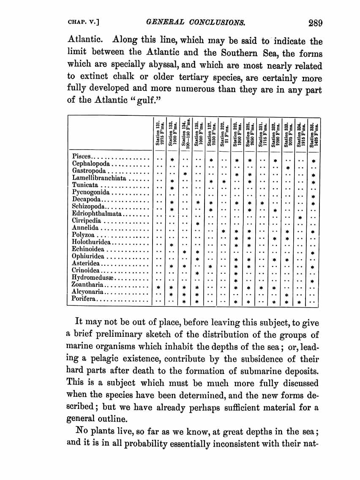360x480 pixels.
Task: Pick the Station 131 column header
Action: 159,133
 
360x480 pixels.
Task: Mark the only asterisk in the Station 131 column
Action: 159,288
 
